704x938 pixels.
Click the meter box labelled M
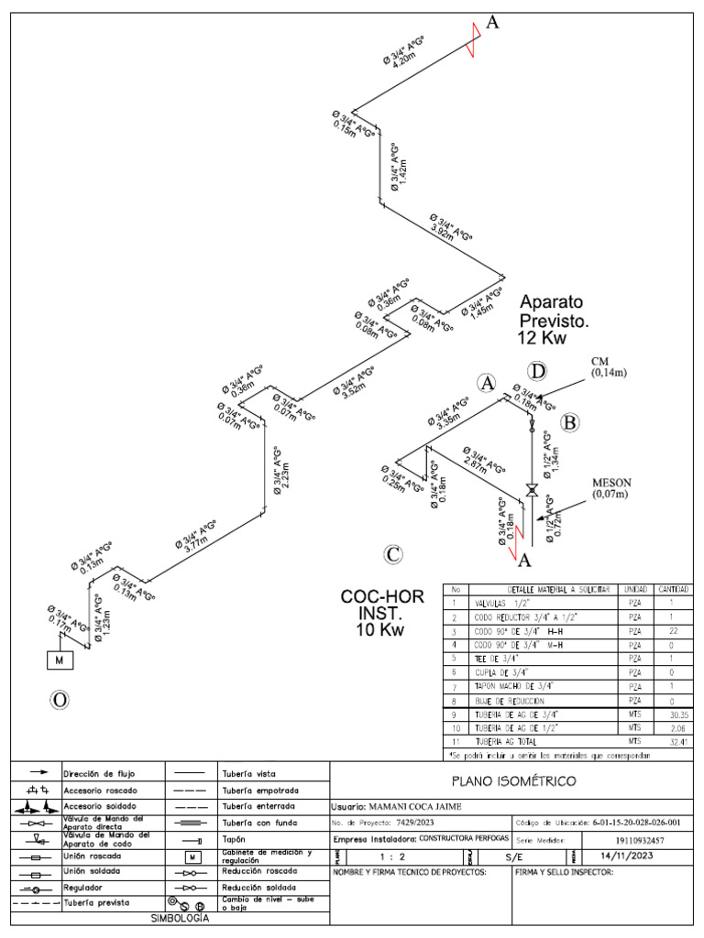coord(60,660)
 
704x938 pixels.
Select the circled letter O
coord(60,701)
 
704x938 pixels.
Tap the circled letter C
coord(393,554)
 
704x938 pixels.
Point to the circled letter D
coord(538,371)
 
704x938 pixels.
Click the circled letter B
coord(570,422)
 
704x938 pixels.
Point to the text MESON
coord(611,483)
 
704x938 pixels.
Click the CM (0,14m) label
coord(606,366)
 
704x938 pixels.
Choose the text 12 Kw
coord(543,338)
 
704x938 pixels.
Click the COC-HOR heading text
coord(382,597)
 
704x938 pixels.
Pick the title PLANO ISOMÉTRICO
coord(513,781)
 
